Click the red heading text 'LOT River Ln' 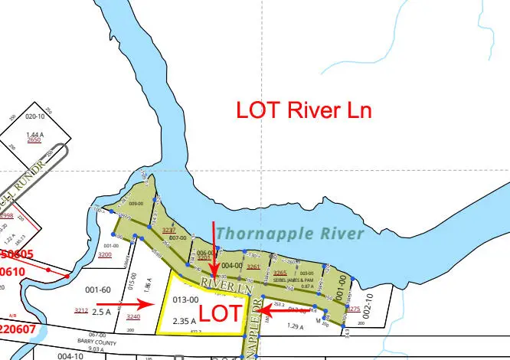click(x=305, y=110)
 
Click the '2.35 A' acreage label click(x=188, y=320)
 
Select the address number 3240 click(x=133, y=316)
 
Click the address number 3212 click(x=80, y=310)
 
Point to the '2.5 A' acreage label click(x=101, y=313)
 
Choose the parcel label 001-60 click(x=98, y=290)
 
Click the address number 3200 click(x=105, y=254)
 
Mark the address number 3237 click(x=169, y=230)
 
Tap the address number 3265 click(x=280, y=273)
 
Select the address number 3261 click(x=253, y=267)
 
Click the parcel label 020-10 click(x=36, y=117)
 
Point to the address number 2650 click(x=34, y=140)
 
